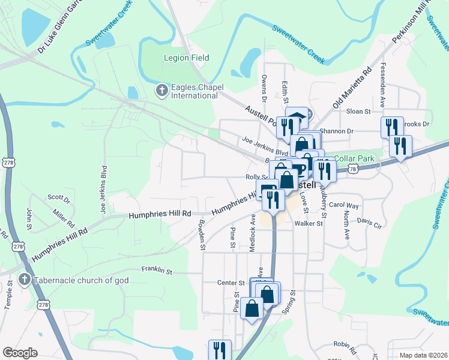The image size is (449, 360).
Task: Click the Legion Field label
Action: tap(187, 58)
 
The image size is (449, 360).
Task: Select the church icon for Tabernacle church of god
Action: tap(24, 279)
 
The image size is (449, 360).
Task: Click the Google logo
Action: tap(20, 353)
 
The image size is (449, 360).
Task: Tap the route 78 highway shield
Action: tap(352, 170)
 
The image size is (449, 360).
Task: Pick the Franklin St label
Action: tap(157, 271)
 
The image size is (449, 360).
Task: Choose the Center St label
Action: tap(228, 283)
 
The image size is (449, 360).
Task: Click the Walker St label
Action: tap(309, 223)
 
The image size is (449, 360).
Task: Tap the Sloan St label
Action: tap(359, 112)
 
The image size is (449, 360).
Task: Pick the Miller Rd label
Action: tap(64, 217)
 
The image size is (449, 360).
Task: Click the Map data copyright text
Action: tap(424, 355)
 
